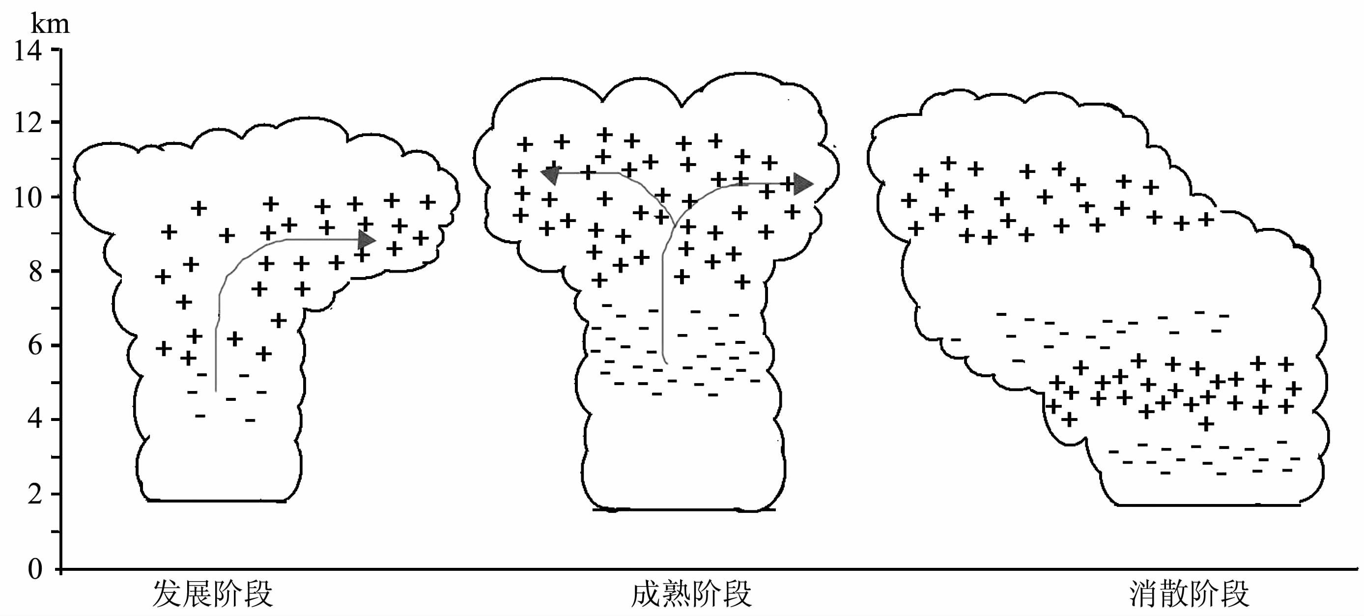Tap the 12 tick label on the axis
28,123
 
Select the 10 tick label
28,198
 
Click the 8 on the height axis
35,272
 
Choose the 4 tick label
35,419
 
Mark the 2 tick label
35,494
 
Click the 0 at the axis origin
35,569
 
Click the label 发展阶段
212,594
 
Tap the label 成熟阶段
691,594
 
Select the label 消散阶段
1189,594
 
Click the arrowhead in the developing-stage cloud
367,240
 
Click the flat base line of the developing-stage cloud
217,500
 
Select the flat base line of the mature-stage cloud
683,509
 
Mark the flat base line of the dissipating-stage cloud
1207,505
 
